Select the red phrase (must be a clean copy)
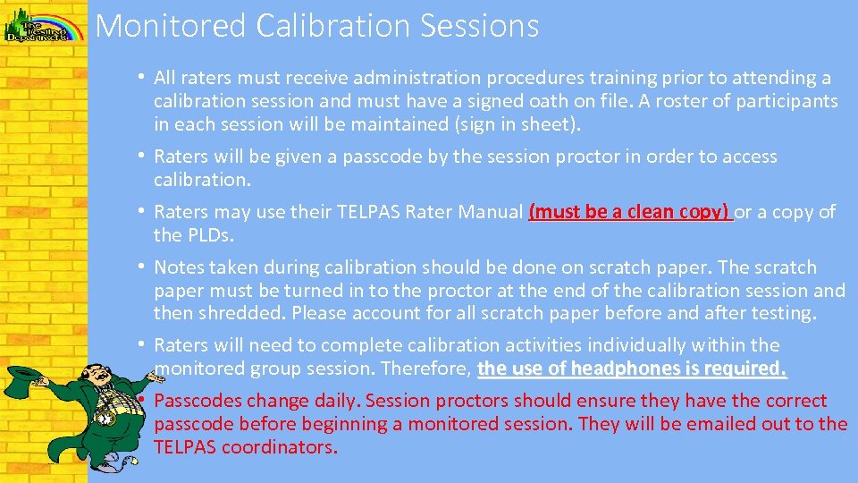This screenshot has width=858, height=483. pyautogui.click(x=629, y=212)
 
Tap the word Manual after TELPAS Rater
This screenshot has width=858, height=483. pyautogui.click(x=490, y=212)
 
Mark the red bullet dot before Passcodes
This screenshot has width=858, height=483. pyautogui.click(x=142, y=400)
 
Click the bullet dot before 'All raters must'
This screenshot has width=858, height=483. pyautogui.click(x=142, y=78)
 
